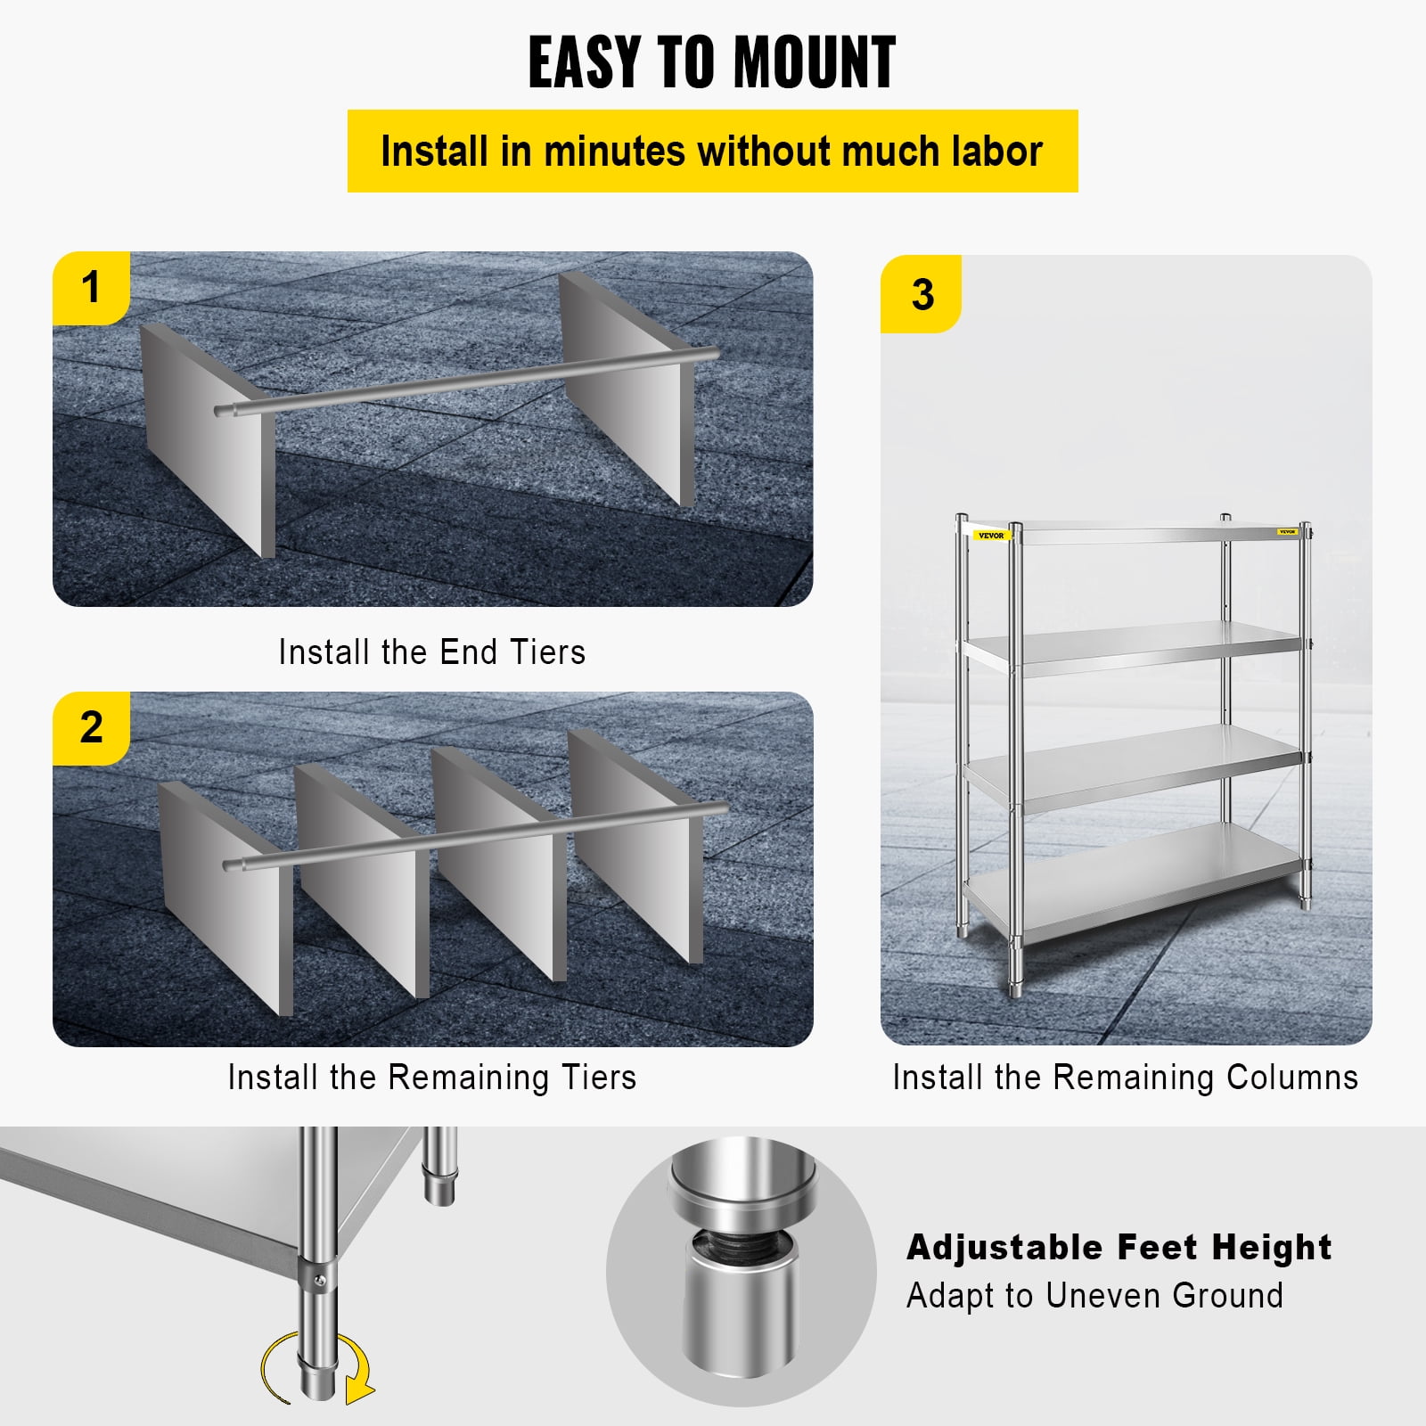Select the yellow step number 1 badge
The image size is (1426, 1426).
point(91,287)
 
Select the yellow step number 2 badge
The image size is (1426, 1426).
point(91,726)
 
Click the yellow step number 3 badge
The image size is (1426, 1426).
point(922,294)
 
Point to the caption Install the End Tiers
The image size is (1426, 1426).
point(431,652)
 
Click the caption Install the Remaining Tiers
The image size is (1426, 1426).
point(431,1078)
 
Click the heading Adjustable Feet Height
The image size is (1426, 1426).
point(1119,1247)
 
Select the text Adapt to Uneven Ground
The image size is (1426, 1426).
point(1094,1295)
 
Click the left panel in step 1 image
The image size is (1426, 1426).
point(207,437)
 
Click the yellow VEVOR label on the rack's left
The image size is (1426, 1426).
point(990,536)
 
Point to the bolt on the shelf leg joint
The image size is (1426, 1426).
point(321,1281)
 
